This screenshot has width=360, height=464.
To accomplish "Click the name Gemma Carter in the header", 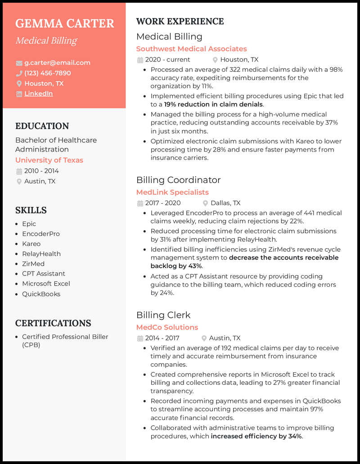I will point(65,23).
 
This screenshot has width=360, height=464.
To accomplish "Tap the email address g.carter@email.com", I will point(57,63).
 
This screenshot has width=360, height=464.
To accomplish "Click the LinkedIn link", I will point(38,94).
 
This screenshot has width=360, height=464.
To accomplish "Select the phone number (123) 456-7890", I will point(47,73).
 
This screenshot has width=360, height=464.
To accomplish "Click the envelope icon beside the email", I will point(19,63).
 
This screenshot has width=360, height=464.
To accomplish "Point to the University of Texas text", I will point(49,160).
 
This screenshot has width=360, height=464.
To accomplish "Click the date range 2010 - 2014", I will point(41,171).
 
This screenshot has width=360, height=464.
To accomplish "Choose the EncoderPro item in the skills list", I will point(40,234).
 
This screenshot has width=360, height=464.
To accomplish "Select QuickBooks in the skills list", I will point(41,294).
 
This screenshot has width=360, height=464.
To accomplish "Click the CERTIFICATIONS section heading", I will point(53,323).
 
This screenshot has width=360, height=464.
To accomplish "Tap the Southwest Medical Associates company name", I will point(191,49).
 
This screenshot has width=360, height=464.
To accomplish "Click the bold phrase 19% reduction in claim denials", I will point(213,104).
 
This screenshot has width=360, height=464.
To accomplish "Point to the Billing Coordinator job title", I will point(178,180).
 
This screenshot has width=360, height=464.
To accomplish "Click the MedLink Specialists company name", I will point(172,192).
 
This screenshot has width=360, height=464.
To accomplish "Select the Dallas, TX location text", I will point(225,203).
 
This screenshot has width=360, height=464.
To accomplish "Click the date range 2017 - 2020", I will point(162,203).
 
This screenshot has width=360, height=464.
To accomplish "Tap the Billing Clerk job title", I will point(163,315).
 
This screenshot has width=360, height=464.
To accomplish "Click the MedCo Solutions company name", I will point(167,327).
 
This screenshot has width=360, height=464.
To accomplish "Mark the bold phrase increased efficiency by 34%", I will point(256,436).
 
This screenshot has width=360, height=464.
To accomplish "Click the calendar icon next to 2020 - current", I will point(140,60).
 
